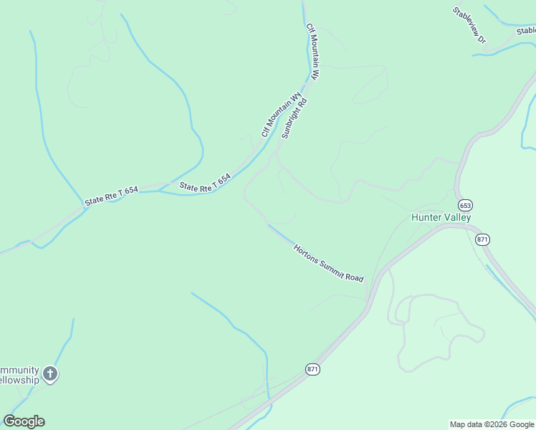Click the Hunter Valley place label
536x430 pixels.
click(440, 217)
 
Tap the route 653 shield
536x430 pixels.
click(466, 204)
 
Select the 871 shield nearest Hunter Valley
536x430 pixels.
click(482, 239)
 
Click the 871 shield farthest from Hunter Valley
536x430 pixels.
click(312, 369)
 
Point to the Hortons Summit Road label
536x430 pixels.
click(328, 262)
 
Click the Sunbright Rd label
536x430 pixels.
click(294, 118)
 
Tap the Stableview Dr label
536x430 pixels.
click(469, 25)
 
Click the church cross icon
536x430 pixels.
click(49, 373)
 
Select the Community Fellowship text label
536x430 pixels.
click(19, 375)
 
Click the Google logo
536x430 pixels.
click(24, 421)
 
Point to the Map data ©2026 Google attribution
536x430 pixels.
click(492, 424)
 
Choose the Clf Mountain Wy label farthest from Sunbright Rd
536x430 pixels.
click(312, 51)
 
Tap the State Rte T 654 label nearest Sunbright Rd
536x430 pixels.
click(205, 182)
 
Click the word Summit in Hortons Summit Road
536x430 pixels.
click(330, 264)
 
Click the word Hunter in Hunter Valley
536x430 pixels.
click(425, 217)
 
